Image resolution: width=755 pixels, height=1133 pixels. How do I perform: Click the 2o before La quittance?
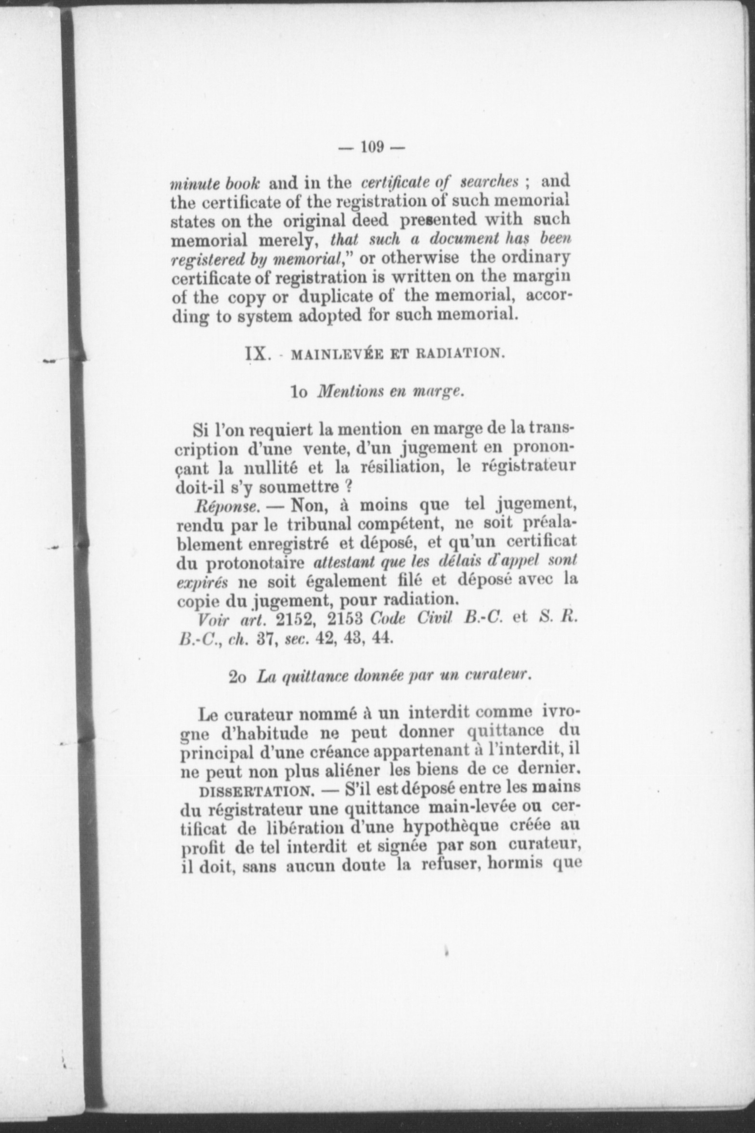coord(238,677)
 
